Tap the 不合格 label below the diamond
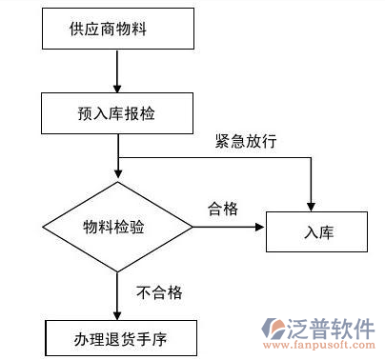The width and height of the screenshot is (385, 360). point(160,291)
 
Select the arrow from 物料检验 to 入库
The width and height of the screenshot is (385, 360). point(229,228)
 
